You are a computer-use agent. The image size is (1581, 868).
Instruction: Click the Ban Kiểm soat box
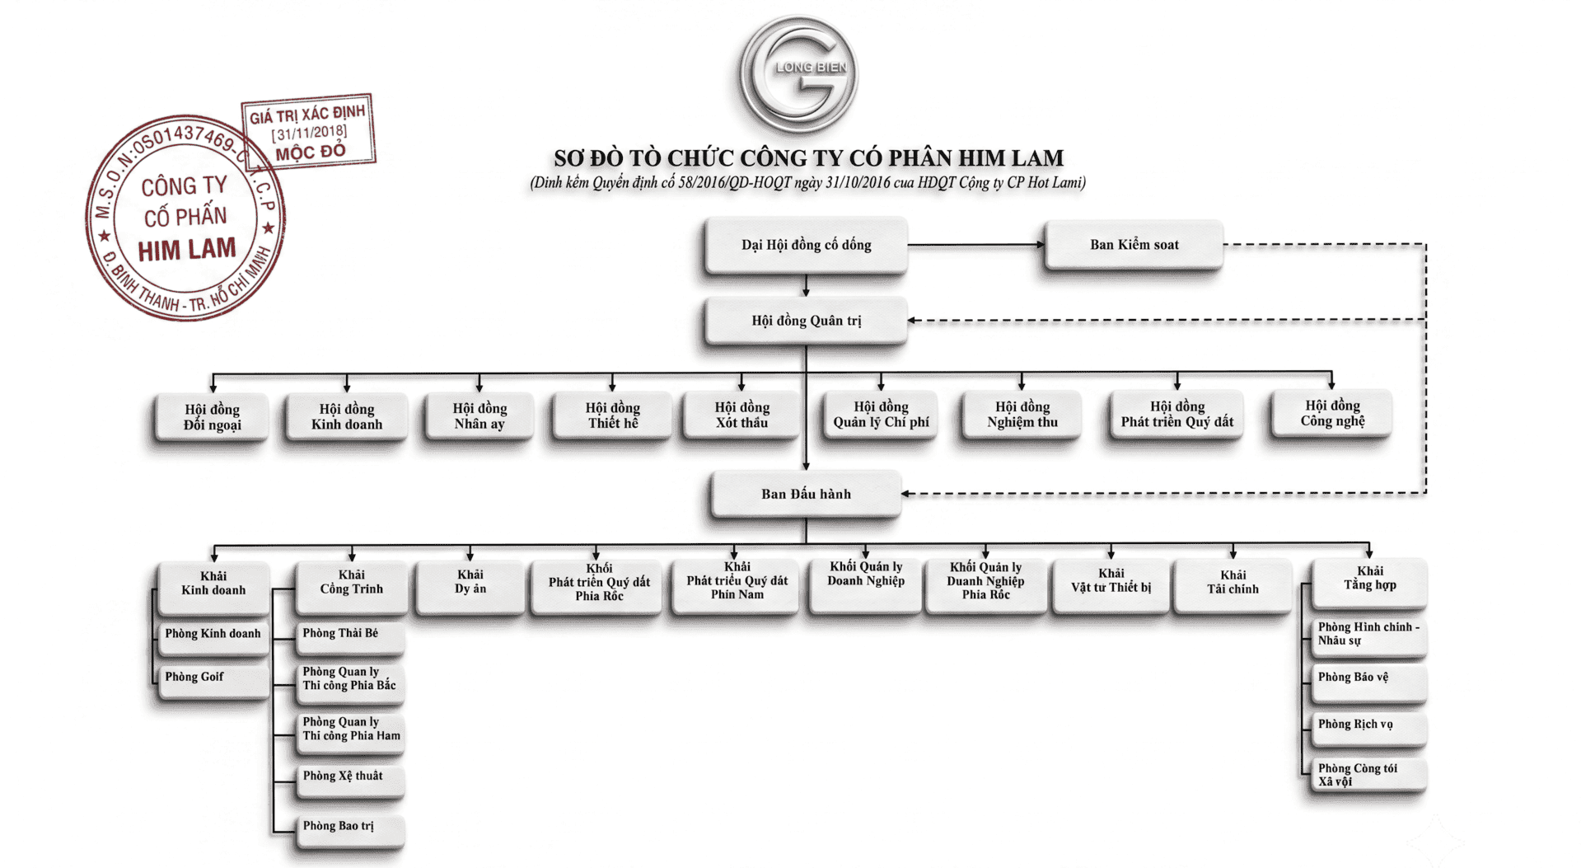click(1134, 245)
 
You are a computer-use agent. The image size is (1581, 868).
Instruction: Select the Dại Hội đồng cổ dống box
click(806, 245)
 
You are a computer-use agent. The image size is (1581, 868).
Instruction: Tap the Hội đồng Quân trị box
click(806, 321)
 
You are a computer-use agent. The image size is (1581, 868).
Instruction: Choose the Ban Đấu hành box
click(806, 494)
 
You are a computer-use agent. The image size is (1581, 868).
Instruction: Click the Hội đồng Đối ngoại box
click(212, 417)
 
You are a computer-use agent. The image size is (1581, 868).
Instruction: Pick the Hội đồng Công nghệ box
click(1332, 414)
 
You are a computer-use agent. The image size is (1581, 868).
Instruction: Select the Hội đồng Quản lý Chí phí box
click(881, 415)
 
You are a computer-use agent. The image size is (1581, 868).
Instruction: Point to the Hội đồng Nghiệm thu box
click(1022, 415)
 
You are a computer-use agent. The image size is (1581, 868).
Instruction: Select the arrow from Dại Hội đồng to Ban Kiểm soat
click(976, 245)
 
